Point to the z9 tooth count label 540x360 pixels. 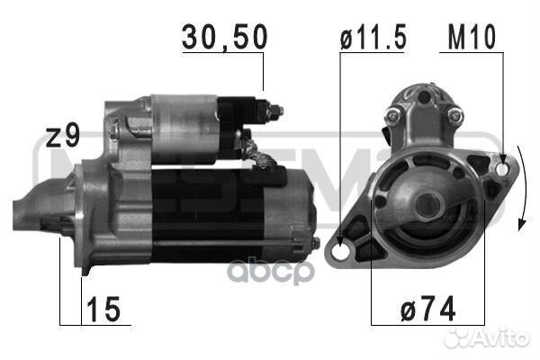click(63, 137)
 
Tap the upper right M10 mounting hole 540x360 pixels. click(500, 168)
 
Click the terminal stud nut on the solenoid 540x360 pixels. click(274, 112)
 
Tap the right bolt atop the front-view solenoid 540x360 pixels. click(455, 114)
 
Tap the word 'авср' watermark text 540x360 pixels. click(285, 268)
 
